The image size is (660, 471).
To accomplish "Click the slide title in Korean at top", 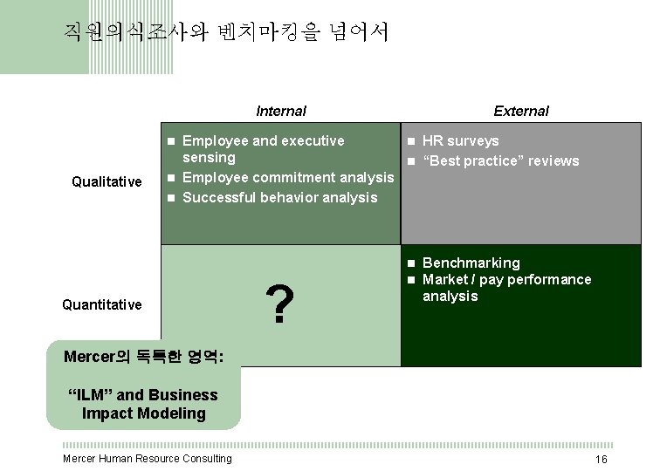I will coord(226,33).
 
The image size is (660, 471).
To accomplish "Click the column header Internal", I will coord(280,111).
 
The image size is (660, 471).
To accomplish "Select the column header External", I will coord(520,111).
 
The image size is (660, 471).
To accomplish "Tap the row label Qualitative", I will coord(107,181).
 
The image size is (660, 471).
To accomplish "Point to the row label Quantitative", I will coord(101,304).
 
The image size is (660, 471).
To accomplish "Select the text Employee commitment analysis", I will coord(288,178).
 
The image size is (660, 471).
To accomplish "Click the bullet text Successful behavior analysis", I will coord(279,197).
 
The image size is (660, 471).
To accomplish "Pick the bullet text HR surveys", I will coord(460,141).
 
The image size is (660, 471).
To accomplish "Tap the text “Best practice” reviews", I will coord(500,160).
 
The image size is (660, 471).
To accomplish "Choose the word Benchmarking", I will coord(471,263).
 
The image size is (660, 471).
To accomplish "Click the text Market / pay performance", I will coord(506,279).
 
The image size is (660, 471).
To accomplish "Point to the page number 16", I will coord(601,460).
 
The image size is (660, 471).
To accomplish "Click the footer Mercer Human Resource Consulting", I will coord(148,459).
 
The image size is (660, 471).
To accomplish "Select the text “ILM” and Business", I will coord(143,395).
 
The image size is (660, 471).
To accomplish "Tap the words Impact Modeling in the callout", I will coord(143,413).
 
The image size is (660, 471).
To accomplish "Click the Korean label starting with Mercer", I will coord(143,357).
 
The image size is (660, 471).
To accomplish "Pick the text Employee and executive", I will coord(263,141).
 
